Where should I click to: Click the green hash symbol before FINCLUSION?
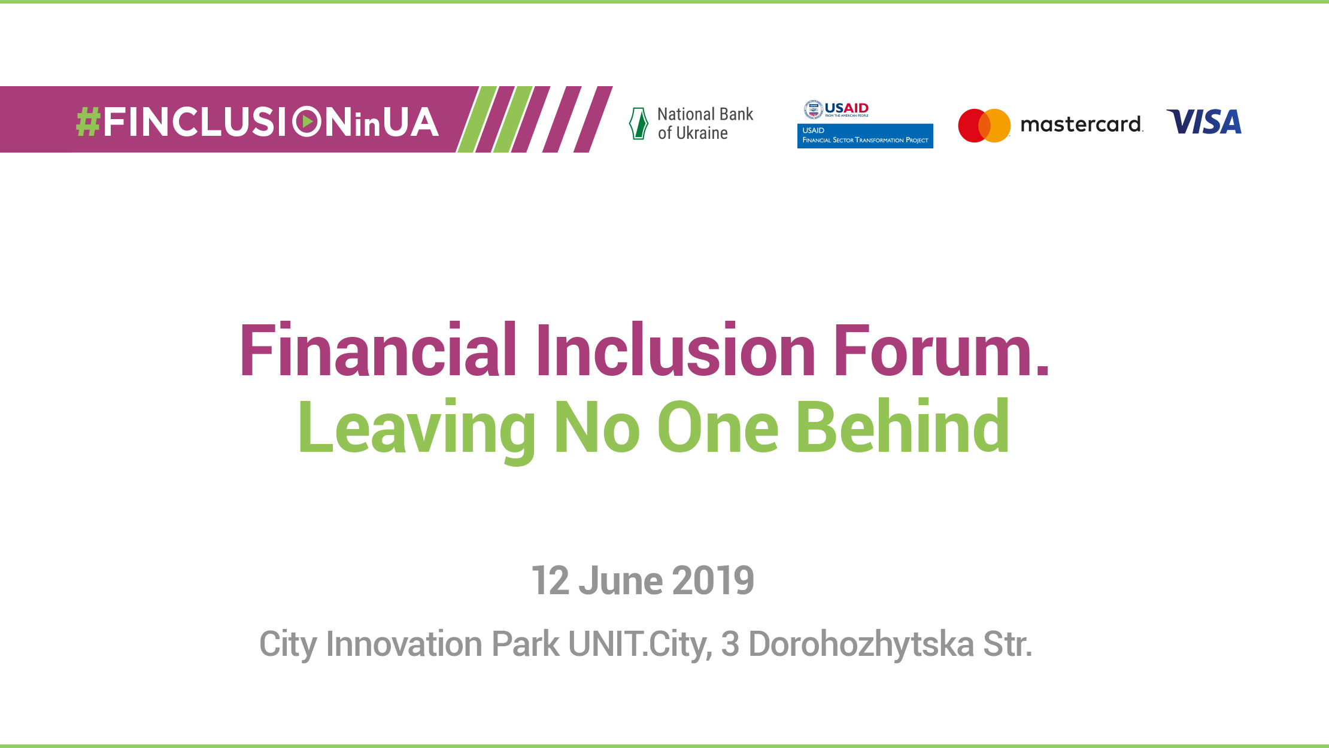pos(88,123)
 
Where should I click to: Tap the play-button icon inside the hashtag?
pos(307,121)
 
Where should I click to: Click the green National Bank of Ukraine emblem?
pos(639,123)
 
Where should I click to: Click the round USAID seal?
pos(813,110)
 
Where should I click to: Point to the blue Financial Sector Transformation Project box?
pos(865,136)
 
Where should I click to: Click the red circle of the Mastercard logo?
pos(972,126)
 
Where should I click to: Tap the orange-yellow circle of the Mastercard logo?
pos(998,126)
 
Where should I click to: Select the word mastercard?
pos(1081,124)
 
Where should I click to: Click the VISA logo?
pos(1204,122)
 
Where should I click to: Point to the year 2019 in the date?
pos(713,580)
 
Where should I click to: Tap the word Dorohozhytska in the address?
pos(861,644)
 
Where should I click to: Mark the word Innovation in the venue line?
pos(404,644)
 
